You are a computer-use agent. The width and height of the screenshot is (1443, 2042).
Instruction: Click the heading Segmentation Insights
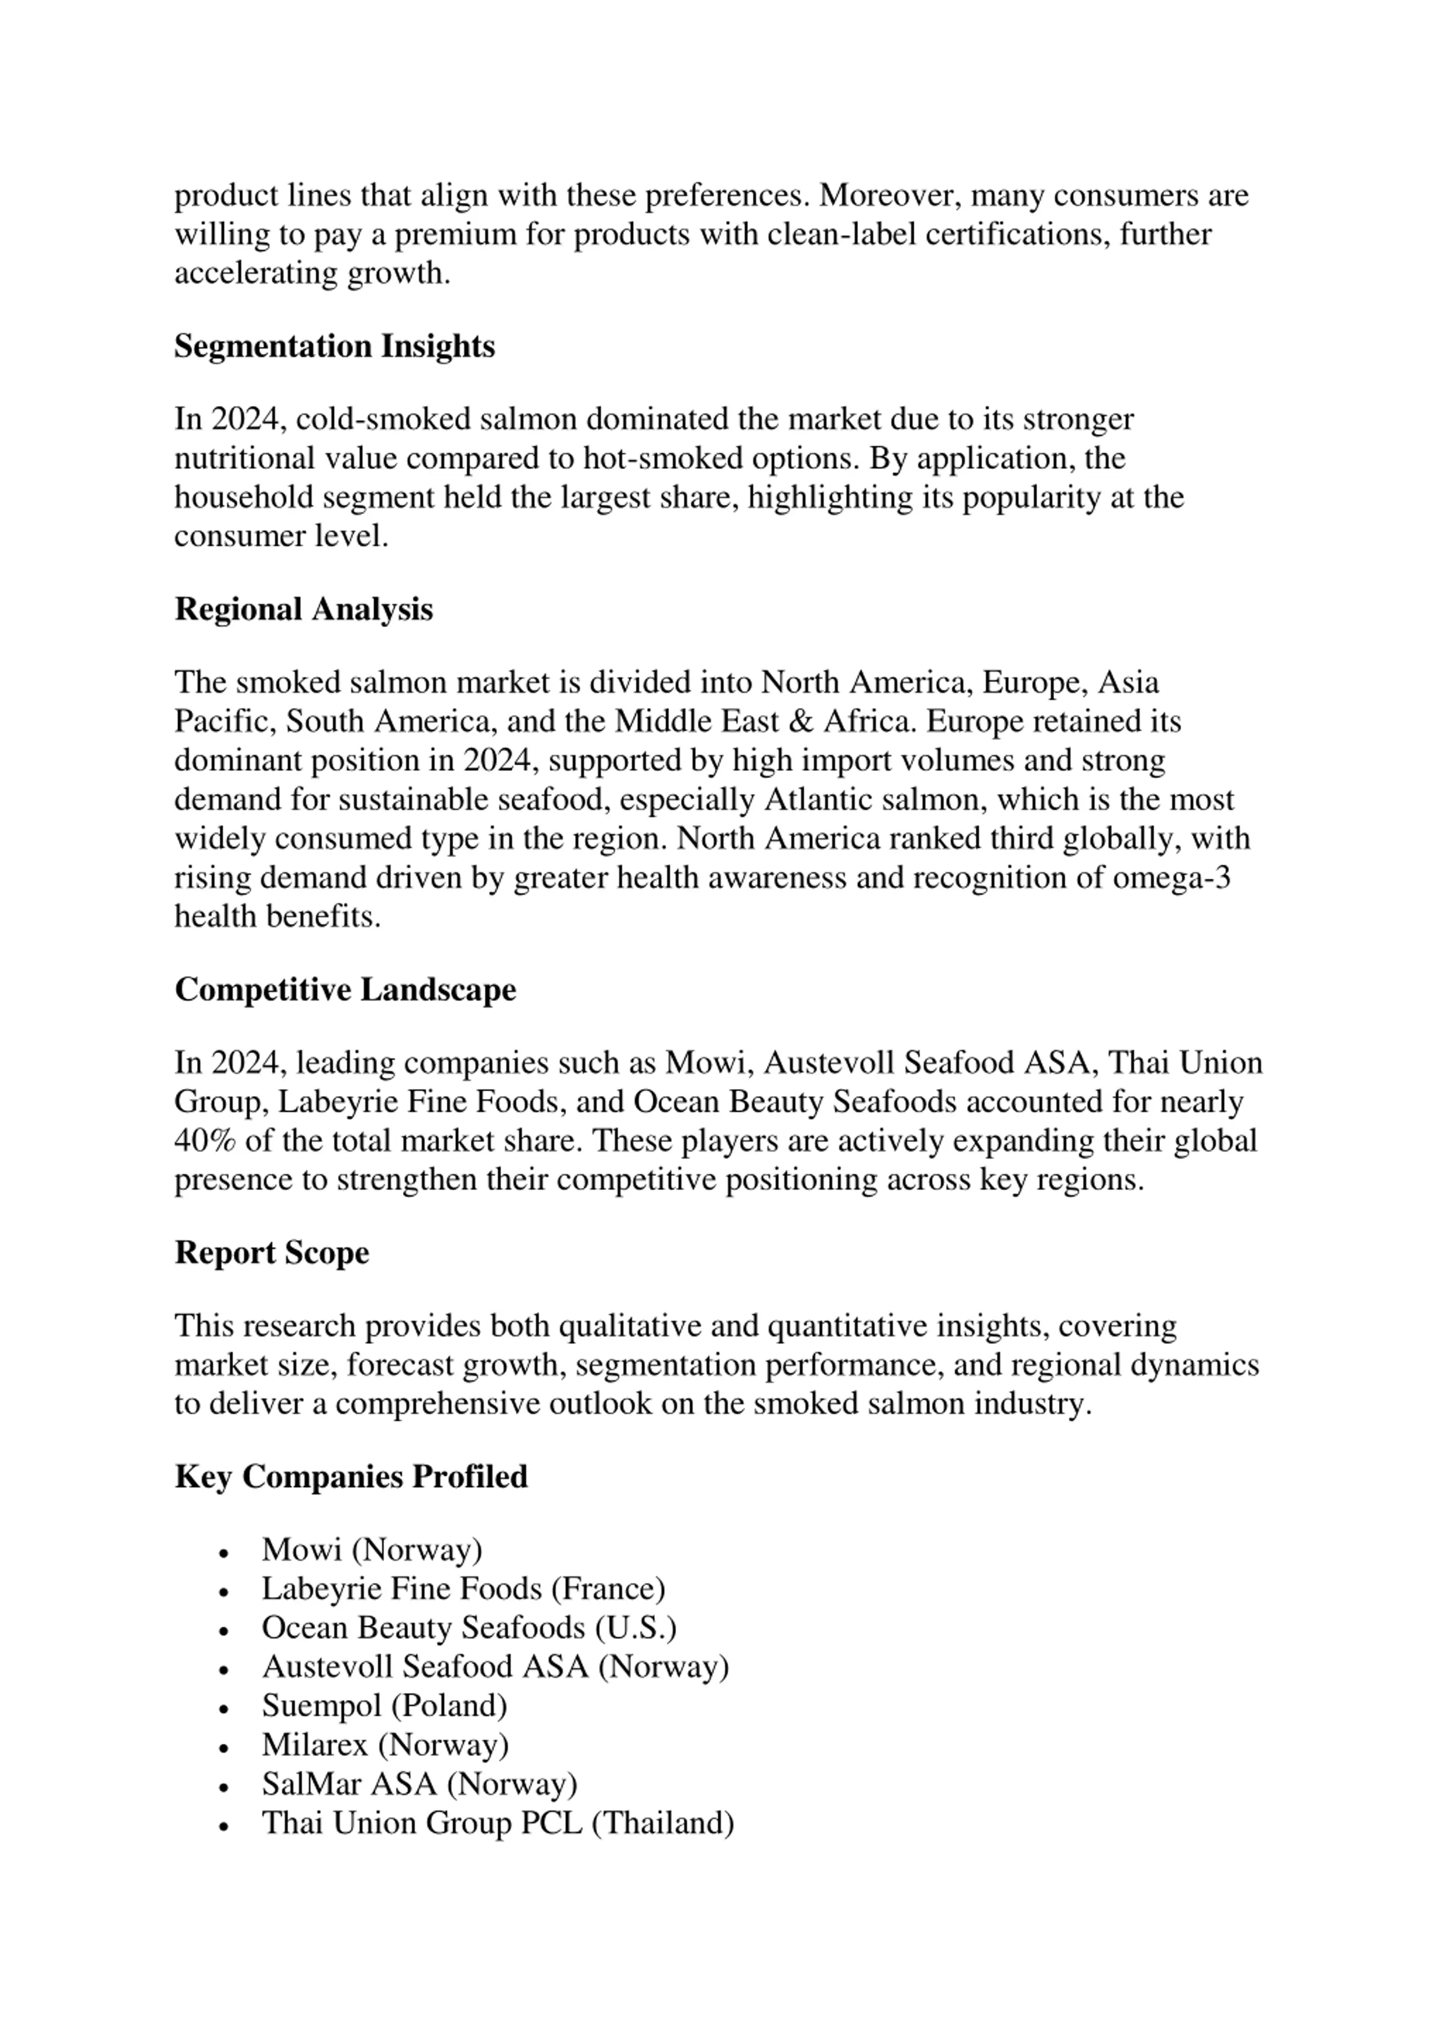coord(334,346)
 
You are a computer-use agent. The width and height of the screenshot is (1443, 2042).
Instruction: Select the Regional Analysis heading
coord(303,609)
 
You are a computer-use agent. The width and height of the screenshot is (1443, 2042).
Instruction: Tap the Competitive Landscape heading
coord(345,990)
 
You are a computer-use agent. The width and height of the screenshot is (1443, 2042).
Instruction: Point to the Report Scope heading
coord(271,1253)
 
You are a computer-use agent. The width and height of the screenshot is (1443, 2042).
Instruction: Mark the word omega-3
coord(1172,878)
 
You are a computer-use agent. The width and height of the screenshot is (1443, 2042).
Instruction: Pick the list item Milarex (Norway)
coord(385,1745)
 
